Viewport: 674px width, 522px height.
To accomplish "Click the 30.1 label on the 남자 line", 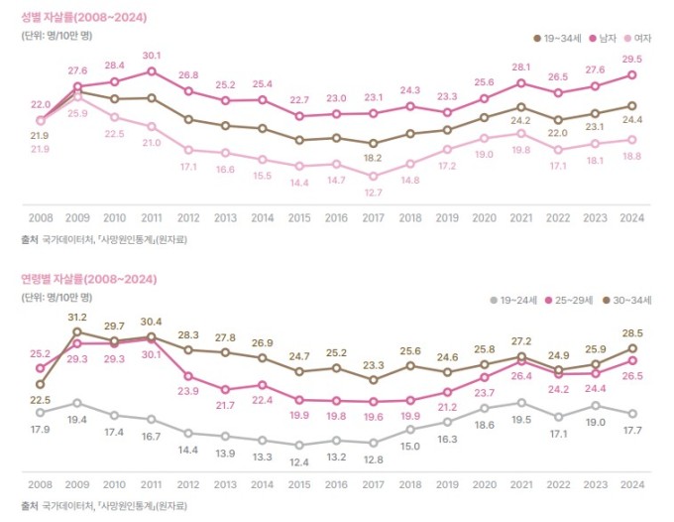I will [152, 56].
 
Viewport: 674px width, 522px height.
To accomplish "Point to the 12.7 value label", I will [373, 194].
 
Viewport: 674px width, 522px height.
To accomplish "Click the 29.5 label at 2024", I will [630, 59].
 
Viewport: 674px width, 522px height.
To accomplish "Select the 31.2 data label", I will [77, 317].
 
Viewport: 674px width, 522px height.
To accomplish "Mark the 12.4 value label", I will [299, 462].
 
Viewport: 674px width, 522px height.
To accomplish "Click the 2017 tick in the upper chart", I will [373, 216].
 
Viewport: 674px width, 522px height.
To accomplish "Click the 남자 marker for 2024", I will [631, 74].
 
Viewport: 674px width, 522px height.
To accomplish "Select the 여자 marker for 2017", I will [373, 177].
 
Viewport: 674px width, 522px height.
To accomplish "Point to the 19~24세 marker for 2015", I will [299, 446].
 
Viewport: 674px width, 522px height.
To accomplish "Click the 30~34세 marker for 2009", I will [77, 332].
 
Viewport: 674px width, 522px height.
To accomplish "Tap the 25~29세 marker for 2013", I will [225, 390].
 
